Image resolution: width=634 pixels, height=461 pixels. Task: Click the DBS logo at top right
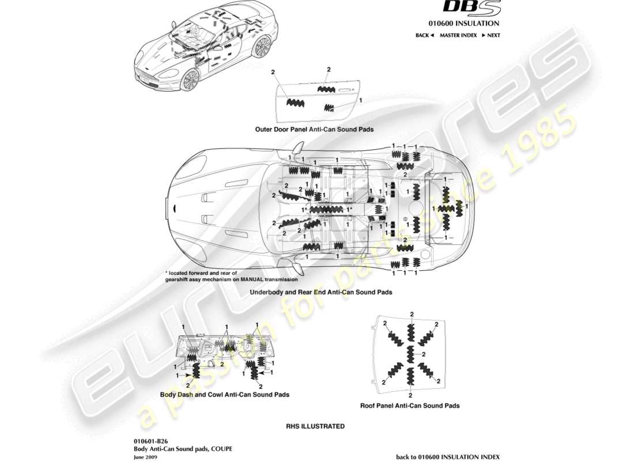tap(471, 8)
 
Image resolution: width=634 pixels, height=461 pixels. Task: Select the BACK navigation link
tap(424, 35)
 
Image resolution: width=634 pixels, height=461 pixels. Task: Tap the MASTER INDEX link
tap(458, 35)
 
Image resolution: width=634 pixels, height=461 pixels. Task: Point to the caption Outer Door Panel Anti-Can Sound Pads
tap(314, 130)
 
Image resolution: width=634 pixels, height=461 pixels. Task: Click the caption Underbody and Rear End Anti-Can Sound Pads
tap(320, 292)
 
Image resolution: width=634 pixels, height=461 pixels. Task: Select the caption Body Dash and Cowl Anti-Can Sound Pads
tap(224, 395)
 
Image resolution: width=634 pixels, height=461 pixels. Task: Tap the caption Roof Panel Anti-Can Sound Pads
tap(410, 406)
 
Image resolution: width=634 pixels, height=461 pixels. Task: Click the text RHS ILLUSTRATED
tap(315, 426)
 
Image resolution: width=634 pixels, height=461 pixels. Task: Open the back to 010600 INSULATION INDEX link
tap(448, 456)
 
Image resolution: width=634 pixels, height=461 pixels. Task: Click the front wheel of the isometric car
tap(190, 80)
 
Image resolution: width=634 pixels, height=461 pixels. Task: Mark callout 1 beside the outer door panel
tap(360, 100)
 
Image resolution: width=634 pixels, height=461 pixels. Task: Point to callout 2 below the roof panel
tap(410, 395)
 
